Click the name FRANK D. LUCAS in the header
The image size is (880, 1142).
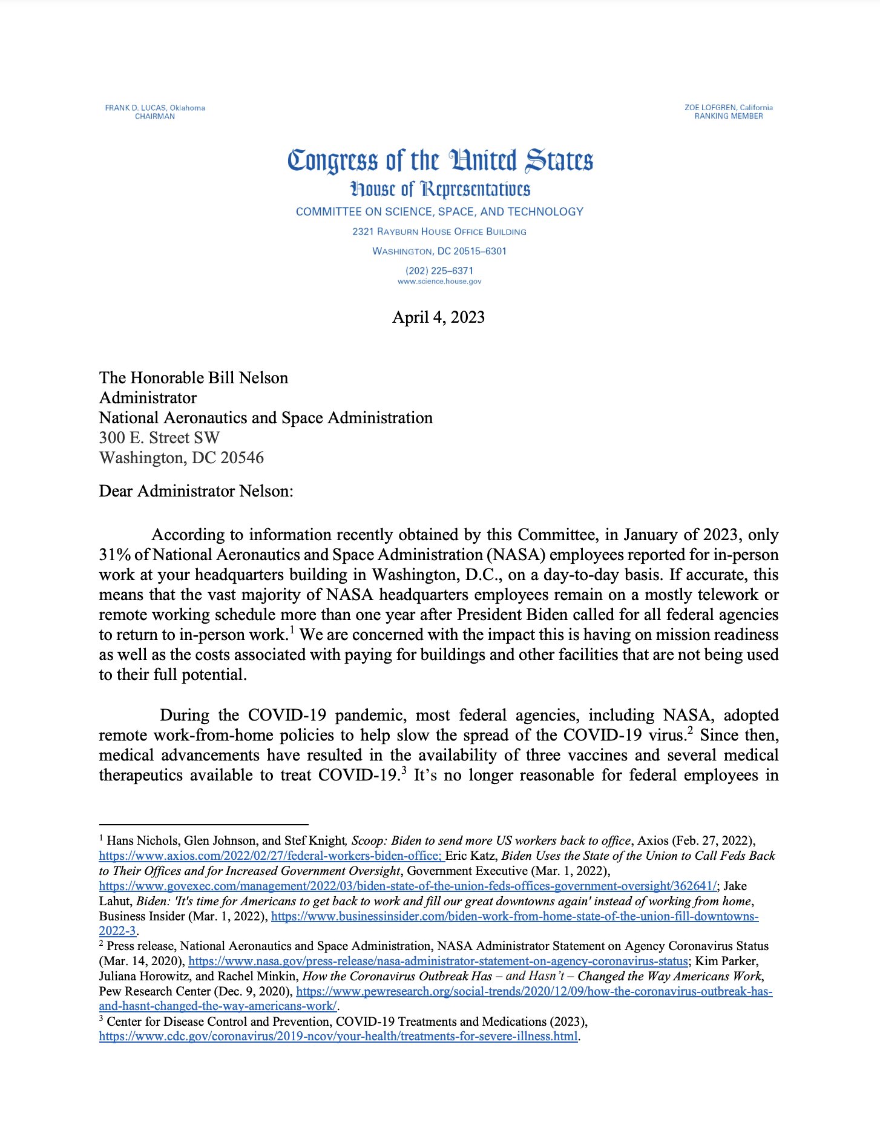(x=136, y=108)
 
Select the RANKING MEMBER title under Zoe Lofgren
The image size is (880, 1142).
(x=728, y=116)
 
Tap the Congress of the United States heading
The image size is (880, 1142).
(x=440, y=160)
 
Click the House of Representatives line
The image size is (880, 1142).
(x=440, y=189)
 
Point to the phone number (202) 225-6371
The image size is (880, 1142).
(x=439, y=271)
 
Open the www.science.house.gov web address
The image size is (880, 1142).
(x=439, y=282)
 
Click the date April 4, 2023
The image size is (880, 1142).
(x=438, y=317)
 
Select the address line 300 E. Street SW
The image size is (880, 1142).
(x=159, y=438)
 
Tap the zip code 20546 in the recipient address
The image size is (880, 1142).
(x=242, y=458)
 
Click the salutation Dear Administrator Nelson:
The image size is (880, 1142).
(x=196, y=491)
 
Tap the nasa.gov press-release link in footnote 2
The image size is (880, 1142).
(x=438, y=962)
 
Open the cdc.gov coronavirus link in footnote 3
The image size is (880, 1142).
(x=338, y=1037)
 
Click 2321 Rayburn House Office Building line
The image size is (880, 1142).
(x=439, y=232)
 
